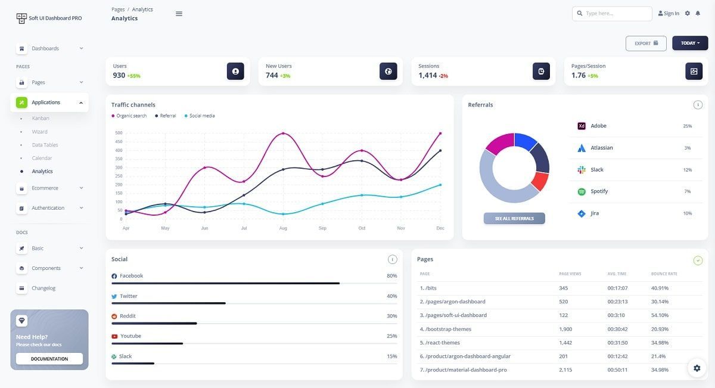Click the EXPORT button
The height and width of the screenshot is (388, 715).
click(x=646, y=44)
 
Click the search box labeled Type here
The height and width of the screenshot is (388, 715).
click(x=612, y=14)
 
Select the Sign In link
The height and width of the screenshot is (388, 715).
click(x=669, y=14)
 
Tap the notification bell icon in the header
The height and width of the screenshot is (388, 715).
click(x=698, y=14)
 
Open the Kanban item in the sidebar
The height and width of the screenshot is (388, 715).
click(x=41, y=119)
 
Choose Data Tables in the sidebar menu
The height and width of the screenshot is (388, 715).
click(x=45, y=145)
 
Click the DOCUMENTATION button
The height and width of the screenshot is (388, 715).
click(x=49, y=359)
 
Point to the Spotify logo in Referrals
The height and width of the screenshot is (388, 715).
click(x=582, y=191)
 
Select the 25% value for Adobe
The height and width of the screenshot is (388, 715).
click(x=687, y=126)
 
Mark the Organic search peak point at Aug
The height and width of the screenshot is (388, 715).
click(x=283, y=134)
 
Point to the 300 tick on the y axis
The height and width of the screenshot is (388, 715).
click(x=119, y=167)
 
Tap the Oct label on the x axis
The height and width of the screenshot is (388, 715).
click(x=362, y=228)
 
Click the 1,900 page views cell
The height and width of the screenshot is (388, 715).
click(x=565, y=329)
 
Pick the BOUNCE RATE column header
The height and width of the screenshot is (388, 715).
click(x=664, y=274)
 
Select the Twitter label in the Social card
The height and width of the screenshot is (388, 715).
click(x=128, y=296)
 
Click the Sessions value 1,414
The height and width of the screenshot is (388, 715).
click(x=427, y=75)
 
